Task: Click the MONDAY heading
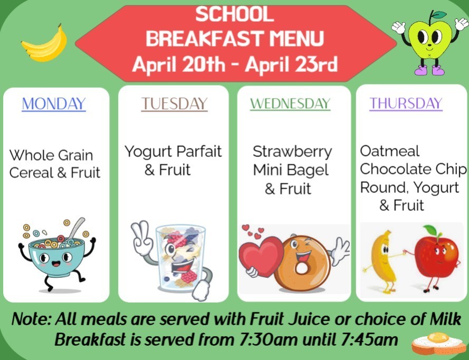[53, 103]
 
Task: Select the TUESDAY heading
[174, 103]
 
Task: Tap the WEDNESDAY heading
[290, 103]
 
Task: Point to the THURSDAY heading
[405, 103]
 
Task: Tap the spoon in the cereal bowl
[76, 228]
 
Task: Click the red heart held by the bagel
[261, 253]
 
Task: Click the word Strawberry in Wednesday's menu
[292, 152]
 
